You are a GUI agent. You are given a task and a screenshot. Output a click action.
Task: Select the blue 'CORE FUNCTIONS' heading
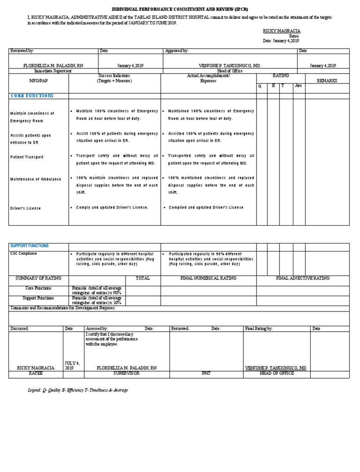pyautogui.click(x=32, y=96)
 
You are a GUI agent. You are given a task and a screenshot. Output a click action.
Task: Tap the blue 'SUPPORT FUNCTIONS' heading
pyautogui.click(x=30, y=246)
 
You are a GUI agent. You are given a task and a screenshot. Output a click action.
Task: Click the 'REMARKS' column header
pyautogui.click(x=327, y=81)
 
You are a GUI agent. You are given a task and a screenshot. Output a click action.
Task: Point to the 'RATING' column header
pyautogui.click(x=281, y=76)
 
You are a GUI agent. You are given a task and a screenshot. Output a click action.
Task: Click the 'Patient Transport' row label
pyautogui.click(x=27, y=157)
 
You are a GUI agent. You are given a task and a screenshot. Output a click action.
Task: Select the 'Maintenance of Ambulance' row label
pyautogui.click(x=36, y=179)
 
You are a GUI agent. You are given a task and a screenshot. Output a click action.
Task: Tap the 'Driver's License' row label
pyautogui.click(x=25, y=208)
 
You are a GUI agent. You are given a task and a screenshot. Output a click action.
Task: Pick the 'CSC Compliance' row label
pyautogui.click(x=23, y=254)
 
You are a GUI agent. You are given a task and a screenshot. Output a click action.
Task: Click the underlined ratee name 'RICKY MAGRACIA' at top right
pyautogui.click(x=281, y=30)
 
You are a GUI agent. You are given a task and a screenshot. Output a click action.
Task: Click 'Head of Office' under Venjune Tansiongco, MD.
pyautogui.click(x=230, y=71)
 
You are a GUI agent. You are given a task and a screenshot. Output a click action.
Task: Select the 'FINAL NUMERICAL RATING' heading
pyautogui.click(x=208, y=278)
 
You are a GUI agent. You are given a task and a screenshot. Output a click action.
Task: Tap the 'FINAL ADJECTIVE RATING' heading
pyautogui.click(x=303, y=278)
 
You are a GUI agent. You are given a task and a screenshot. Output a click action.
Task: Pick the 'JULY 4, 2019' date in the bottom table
pyautogui.click(x=72, y=365)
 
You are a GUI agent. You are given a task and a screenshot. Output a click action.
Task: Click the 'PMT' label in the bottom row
pyautogui.click(x=206, y=373)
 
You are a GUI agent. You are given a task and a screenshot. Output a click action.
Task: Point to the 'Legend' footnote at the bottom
pyautogui.click(x=78, y=390)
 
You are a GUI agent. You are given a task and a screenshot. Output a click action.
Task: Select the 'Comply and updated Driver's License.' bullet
pyautogui.click(x=112, y=207)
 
